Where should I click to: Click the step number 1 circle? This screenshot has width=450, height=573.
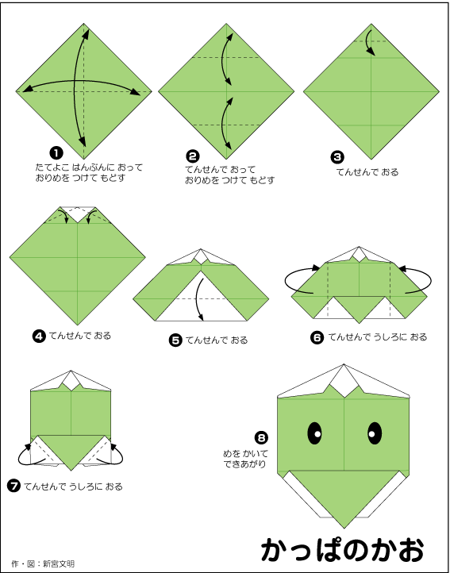(56, 153)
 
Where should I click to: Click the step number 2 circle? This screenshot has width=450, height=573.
(193, 156)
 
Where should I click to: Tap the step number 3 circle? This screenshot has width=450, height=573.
(337, 157)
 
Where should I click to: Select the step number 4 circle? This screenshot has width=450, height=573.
(39, 336)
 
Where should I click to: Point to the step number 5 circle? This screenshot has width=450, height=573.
(175, 340)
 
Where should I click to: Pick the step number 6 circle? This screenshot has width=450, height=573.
(317, 337)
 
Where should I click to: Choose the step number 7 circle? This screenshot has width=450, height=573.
(14, 486)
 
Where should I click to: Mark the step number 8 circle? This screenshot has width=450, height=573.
(261, 437)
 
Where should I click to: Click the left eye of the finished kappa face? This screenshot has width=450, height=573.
(315, 433)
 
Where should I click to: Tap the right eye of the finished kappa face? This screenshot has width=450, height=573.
(375, 433)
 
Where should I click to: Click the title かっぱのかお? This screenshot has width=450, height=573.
(343, 549)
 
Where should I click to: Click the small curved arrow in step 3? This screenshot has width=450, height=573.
(368, 42)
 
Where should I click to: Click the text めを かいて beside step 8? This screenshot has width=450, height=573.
(246, 454)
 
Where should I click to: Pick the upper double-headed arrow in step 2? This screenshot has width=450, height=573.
(223, 59)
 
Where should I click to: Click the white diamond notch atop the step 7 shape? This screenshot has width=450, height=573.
(71, 382)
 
